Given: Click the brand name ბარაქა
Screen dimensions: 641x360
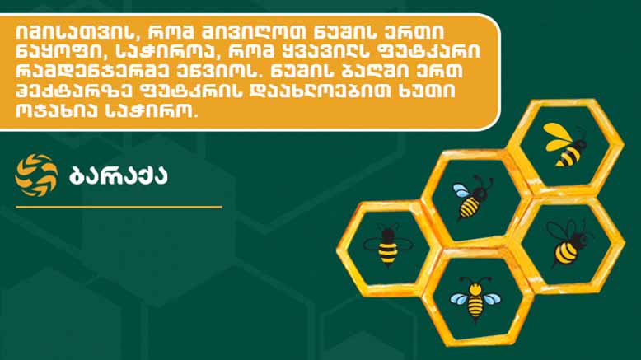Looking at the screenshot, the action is pos(119,175).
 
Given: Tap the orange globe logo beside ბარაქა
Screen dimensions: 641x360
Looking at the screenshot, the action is pos(36,175).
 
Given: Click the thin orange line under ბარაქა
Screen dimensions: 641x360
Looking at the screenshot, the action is pos(119,207).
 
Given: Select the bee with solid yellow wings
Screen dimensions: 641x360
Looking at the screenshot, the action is pos(565,144).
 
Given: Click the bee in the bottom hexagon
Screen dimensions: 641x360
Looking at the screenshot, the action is pos(475,300).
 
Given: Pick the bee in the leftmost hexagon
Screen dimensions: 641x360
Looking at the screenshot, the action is pos(387,245).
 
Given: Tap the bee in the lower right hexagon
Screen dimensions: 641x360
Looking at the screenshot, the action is pos(568,243).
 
